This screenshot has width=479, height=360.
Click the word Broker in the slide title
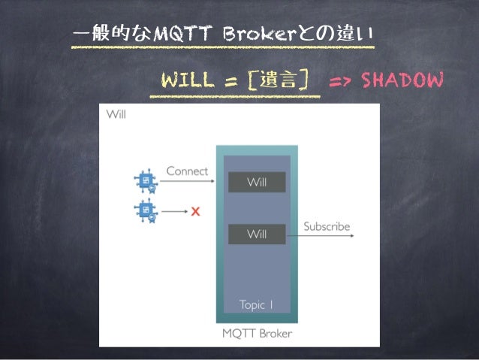[x=245, y=34]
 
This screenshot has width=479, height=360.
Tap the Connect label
[x=187, y=171]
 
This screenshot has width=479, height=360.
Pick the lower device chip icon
[x=145, y=211]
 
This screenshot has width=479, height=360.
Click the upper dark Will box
[x=257, y=182]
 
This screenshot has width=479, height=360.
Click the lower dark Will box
[x=257, y=234]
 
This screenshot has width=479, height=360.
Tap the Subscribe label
[x=327, y=226]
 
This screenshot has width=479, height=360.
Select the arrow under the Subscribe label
[x=327, y=236]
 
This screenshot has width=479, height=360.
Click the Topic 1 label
[x=257, y=304]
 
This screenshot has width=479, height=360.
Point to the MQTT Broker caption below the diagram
[x=257, y=333]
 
